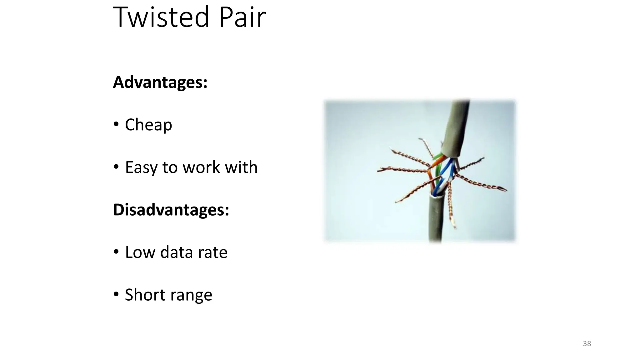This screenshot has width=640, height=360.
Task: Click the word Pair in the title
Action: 242,17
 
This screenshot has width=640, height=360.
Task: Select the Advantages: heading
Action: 160,82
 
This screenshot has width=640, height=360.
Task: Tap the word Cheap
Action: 148,125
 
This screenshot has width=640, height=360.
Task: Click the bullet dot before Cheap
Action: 116,124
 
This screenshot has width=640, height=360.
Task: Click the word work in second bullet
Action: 201,167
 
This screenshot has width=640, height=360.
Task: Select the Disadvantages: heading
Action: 171,210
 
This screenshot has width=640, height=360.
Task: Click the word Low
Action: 140,252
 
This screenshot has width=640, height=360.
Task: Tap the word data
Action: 176,252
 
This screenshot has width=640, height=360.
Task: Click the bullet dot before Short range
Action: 116,294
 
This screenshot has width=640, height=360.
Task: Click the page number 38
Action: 587,344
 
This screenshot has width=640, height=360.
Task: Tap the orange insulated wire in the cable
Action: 438,161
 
